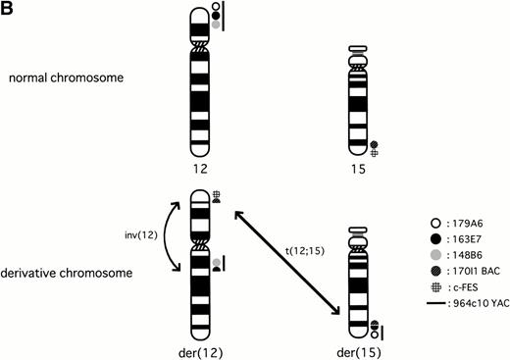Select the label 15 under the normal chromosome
[x=358, y=169]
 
